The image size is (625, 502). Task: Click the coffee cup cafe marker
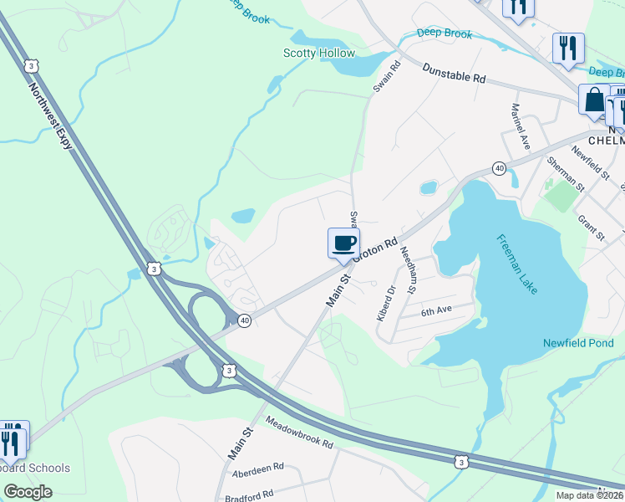pos(343,243)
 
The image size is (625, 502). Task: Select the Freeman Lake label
pos(518,263)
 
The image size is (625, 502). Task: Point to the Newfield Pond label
pos(578,343)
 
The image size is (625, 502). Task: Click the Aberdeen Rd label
pos(259,466)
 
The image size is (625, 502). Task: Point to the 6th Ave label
pos(435,311)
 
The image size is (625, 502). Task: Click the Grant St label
pos(592,227)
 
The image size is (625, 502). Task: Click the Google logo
pos(28,492)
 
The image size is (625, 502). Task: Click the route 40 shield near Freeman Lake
pos(499,168)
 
